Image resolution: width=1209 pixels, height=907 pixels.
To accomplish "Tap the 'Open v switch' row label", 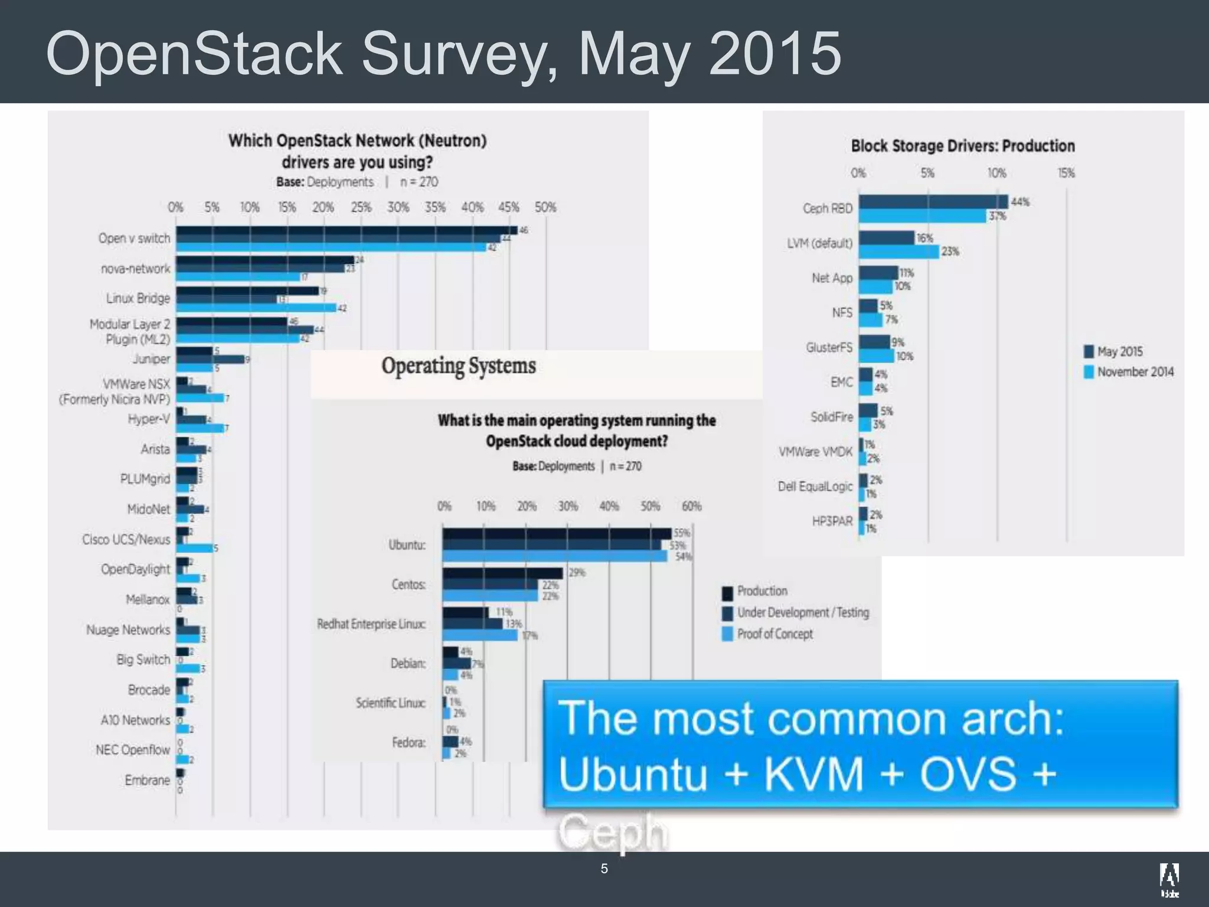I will click(134, 238).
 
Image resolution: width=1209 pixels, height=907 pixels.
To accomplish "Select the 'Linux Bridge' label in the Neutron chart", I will click(138, 298).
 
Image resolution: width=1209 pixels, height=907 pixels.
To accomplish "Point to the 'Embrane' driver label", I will click(147, 780).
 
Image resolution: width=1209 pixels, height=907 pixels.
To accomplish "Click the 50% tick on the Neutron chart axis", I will click(545, 207).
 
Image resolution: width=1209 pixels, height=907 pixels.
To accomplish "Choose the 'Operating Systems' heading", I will click(459, 366).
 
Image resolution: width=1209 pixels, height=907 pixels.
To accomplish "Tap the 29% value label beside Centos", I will click(577, 572).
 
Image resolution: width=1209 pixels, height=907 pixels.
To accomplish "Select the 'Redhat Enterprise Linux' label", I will click(371, 624).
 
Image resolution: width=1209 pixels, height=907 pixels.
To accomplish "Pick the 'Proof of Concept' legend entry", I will click(774, 634).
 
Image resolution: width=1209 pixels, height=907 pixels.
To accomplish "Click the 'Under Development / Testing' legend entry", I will click(802, 612).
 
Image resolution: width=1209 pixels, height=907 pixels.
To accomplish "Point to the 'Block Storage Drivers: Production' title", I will click(963, 146).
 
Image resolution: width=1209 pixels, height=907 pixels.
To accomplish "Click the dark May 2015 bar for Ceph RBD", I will click(933, 202).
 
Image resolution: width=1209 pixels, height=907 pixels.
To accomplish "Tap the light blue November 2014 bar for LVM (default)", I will click(898, 252).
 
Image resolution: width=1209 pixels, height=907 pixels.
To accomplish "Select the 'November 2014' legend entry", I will click(1135, 372).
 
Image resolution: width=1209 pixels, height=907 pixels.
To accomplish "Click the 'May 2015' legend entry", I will click(1119, 352).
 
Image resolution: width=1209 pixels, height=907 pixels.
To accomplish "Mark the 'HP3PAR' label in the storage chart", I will click(832, 521).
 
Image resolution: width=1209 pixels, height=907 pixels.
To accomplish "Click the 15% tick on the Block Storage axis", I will click(1066, 173).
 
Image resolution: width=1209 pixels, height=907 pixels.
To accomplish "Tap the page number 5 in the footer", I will click(604, 868).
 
